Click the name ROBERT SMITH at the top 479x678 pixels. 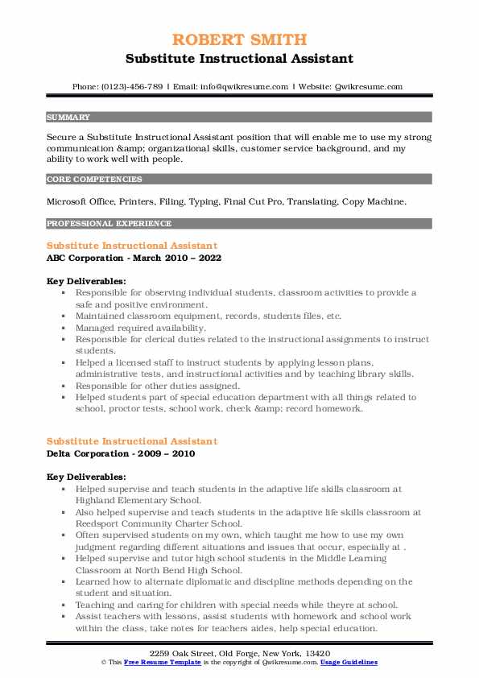point(239,40)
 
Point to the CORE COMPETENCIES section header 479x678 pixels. point(94,180)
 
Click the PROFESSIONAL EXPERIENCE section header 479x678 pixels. point(109,223)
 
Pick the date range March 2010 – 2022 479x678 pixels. point(174,258)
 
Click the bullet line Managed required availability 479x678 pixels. point(141,329)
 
